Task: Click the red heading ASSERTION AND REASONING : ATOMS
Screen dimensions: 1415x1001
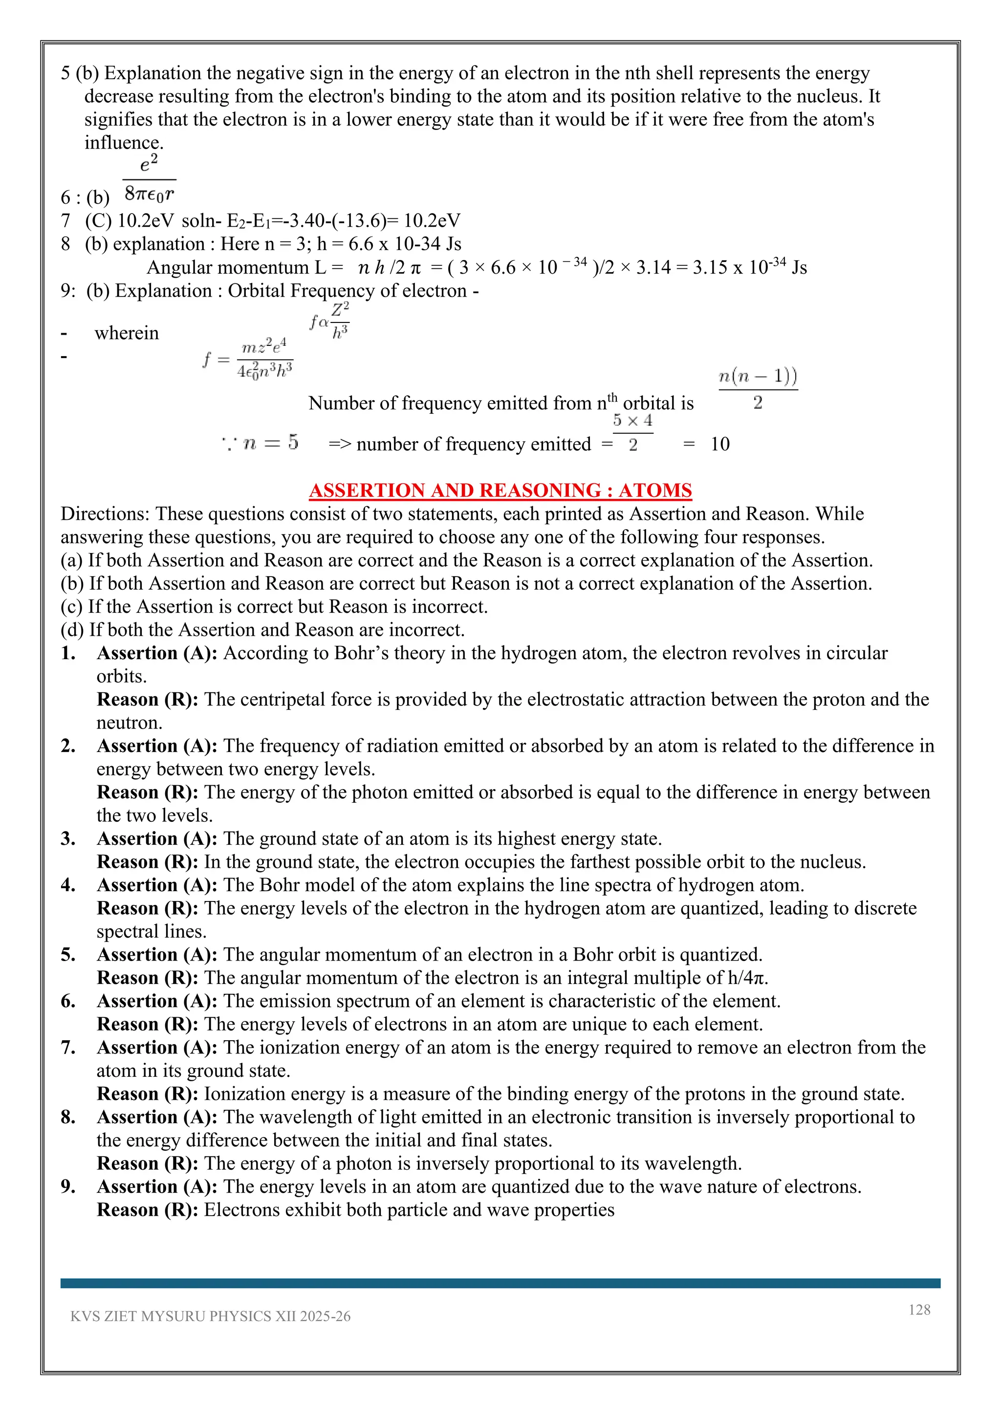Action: pyautogui.click(x=500, y=490)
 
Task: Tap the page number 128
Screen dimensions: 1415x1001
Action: pyautogui.click(x=919, y=1309)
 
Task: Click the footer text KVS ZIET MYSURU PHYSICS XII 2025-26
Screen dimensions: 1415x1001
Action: pyautogui.click(x=210, y=1316)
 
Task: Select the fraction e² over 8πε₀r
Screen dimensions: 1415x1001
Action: pyautogui.click(x=149, y=179)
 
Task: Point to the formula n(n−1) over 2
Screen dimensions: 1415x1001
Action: pyautogui.click(x=758, y=388)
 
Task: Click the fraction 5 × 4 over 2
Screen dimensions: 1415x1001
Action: pyautogui.click(x=632, y=432)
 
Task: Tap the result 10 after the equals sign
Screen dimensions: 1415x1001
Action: pyautogui.click(x=719, y=444)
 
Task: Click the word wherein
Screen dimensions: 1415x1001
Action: pyautogui.click(x=127, y=333)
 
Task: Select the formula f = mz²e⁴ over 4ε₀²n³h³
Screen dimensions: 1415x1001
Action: pyautogui.click(x=248, y=359)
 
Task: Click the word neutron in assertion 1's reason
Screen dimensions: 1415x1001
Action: pyautogui.click(x=129, y=723)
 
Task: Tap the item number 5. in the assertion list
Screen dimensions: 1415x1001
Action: pyautogui.click(x=68, y=955)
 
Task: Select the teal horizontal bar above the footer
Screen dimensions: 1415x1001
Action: pyautogui.click(x=500, y=1283)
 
